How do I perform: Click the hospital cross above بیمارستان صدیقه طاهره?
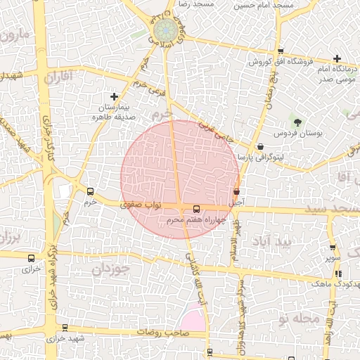114,96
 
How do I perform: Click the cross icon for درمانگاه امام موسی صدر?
337,58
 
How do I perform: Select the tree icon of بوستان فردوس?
296,122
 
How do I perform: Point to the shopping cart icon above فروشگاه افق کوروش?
281,51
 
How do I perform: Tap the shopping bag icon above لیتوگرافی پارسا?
262,146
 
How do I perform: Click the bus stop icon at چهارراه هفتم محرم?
196,208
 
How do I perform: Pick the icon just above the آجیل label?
236,191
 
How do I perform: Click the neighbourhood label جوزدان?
111,269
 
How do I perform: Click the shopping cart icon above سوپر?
333,247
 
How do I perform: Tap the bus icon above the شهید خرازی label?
65,328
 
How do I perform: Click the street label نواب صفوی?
141,205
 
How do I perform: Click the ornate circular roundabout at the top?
166,32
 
